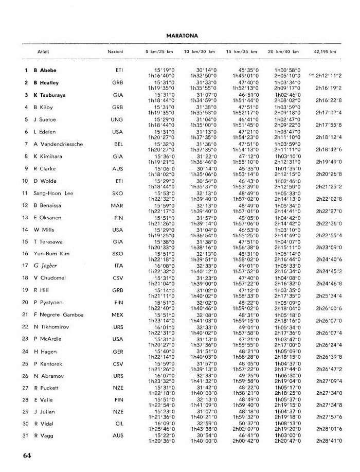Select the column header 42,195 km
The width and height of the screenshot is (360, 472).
click(325, 53)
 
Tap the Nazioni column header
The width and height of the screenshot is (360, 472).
click(115, 53)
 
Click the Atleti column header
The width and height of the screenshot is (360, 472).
click(43, 53)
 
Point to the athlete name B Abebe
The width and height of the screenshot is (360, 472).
click(45, 70)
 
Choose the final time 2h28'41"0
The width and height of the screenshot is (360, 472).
click(330, 441)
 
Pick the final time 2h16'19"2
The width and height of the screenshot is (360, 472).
click(330, 88)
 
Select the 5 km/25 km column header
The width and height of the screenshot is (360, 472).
click(159, 53)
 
